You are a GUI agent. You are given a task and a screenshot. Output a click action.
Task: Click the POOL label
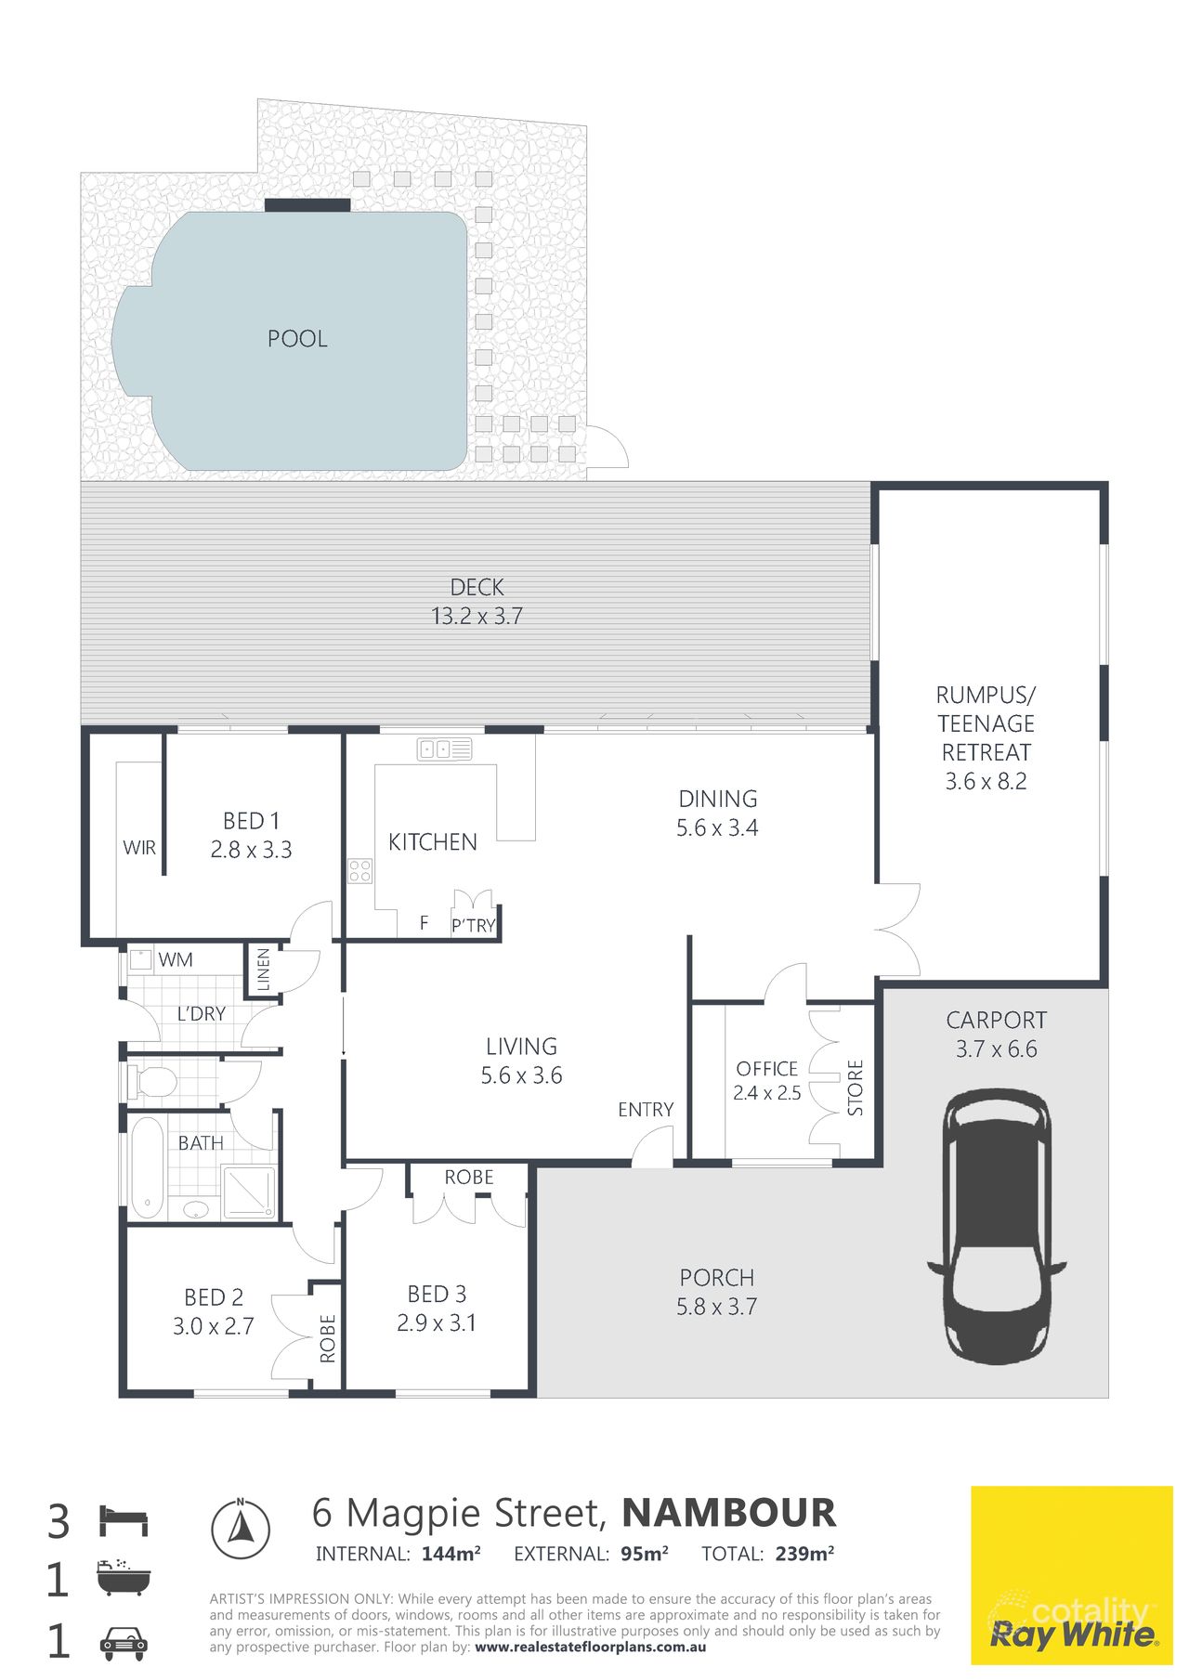point(297,339)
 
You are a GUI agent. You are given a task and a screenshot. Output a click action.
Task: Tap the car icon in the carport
point(996,1226)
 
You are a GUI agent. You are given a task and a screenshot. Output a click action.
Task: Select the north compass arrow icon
point(241,1529)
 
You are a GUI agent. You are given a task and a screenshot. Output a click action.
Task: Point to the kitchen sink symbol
point(445,749)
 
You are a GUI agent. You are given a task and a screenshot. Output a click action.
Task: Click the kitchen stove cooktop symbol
point(359,871)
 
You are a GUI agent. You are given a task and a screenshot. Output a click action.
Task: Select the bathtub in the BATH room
point(147,1168)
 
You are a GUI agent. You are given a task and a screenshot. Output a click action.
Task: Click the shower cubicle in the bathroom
point(249,1192)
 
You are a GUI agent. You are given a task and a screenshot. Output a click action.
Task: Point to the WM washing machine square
point(141,959)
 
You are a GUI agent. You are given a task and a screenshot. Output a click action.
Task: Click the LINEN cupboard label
point(264,969)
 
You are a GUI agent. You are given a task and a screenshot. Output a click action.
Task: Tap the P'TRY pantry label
point(474,926)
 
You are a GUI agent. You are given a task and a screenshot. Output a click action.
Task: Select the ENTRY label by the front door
point(646,1110)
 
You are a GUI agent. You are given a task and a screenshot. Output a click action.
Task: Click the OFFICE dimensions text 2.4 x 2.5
point(767,1093)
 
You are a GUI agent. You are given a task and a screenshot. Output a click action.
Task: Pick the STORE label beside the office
point(856,1087)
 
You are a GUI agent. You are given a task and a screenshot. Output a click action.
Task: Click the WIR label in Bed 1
point(139,848)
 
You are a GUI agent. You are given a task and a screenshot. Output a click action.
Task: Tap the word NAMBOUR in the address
point(729,1514)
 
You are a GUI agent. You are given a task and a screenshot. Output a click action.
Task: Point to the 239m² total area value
point(804,1554)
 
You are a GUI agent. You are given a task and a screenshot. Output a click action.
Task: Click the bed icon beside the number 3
point(124,1522)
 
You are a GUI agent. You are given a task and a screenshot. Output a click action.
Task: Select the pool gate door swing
point(608,449)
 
